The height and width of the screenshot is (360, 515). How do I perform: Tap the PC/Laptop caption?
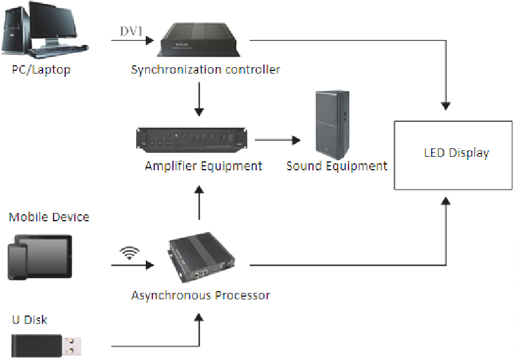[x=41, y=70]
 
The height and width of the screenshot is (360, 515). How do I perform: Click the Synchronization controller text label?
[x=205, y=69]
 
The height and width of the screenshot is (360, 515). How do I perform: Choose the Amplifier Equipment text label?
[x=203, y=166]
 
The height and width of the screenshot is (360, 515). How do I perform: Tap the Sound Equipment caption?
[x=336, y=166]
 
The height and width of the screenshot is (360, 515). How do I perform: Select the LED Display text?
[x=456, y=153]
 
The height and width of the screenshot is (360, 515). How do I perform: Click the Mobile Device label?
[x=49, y=217]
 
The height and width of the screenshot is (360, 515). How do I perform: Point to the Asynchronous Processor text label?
[x=200, y=295]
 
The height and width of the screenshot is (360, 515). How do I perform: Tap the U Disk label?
[x=30, y=319]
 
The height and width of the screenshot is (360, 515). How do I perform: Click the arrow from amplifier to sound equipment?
[x=278, y=139]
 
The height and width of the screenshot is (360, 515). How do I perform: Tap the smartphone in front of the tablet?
[x=18, y=262]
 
